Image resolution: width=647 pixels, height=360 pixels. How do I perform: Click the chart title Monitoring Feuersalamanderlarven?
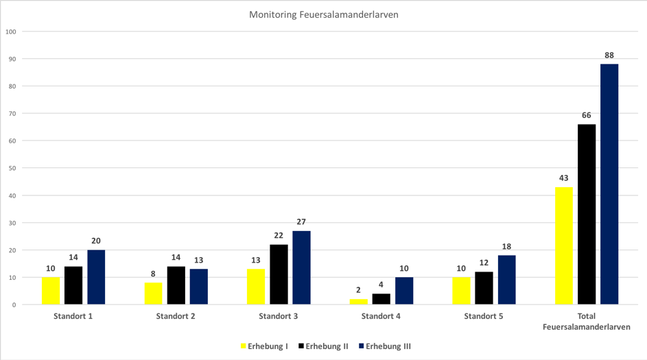322,14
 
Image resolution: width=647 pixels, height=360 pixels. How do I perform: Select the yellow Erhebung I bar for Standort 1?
51,291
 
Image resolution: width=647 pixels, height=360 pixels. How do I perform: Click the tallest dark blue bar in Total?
609,184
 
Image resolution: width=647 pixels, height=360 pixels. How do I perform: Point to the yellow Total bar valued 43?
564,245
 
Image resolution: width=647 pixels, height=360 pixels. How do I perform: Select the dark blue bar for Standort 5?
507,280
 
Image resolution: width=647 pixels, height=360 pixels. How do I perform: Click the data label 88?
609,55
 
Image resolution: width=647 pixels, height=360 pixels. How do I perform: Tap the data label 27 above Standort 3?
301,221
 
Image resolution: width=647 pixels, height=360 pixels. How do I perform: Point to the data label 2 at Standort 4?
358,290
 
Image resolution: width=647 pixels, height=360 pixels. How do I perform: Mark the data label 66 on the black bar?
587,115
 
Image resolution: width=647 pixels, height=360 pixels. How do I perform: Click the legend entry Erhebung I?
263,346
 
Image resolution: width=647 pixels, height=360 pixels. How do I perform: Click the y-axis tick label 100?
10,32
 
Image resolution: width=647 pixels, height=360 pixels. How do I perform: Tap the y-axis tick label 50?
12,168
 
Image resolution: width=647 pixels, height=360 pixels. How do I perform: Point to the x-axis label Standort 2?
176,317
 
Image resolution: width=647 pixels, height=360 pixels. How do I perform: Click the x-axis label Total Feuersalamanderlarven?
587,322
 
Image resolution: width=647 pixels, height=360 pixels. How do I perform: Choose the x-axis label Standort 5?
484,317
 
